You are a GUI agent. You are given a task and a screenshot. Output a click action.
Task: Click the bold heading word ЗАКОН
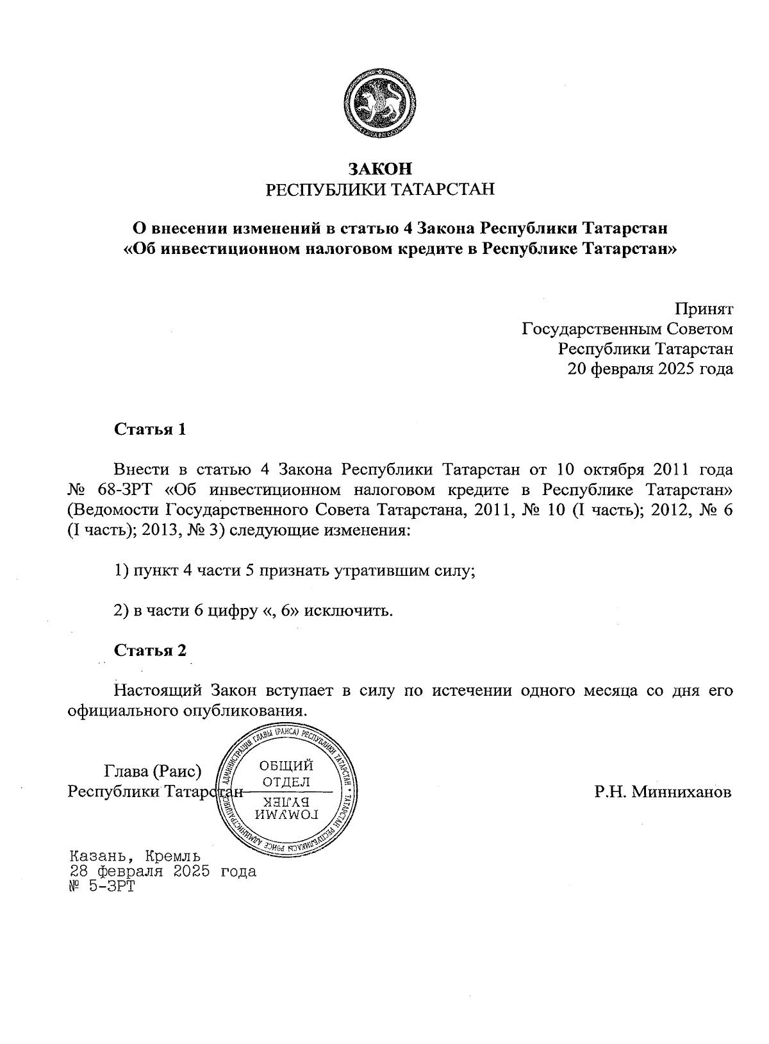(379, 169)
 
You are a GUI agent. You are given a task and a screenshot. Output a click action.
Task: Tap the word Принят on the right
(706, 309)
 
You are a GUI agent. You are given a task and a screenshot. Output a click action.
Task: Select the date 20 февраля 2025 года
(650, 369)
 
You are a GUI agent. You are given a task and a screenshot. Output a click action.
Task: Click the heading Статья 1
(150, 429)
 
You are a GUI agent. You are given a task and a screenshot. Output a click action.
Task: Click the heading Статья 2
(150, 650)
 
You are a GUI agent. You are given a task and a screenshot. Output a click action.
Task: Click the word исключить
(348, 610)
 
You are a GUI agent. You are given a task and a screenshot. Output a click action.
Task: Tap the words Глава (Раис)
(153, 770)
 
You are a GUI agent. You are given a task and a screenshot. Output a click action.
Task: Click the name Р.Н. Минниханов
(662, 792)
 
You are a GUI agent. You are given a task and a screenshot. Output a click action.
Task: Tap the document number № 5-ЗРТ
(102, 887)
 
